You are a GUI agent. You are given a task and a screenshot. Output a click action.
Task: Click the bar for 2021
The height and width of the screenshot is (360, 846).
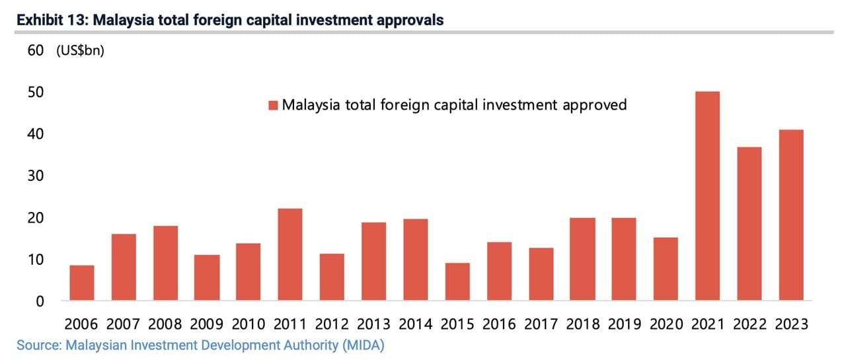click(x=707, y=196)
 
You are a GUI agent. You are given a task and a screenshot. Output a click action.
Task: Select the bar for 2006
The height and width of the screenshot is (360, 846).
click(x=81, y=283)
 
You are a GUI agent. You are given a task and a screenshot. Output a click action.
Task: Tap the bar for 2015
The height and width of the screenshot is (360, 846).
click(x=457, y=282)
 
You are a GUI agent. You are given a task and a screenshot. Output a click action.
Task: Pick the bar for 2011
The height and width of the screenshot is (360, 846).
click(x=289, y=254)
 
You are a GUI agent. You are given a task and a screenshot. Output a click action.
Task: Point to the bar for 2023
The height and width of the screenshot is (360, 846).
click(x=790, y=215)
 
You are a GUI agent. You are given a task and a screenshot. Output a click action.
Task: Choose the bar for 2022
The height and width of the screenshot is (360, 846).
click(x=748, y=224)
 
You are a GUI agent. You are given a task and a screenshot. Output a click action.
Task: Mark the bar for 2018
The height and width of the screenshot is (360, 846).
click(x=582, y=259)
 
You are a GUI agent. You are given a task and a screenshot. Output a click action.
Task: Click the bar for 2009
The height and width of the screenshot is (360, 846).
click(x=206, y=277)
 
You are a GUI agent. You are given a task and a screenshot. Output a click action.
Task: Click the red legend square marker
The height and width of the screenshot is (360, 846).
click(x=273, y=105)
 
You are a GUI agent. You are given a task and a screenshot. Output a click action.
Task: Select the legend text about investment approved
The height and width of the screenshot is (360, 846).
click(x=454, y=104)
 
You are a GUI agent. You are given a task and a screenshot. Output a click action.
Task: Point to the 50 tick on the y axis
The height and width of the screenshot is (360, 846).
click(x=36, y=92)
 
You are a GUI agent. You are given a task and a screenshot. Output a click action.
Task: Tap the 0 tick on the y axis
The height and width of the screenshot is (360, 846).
click(x=40, y=301)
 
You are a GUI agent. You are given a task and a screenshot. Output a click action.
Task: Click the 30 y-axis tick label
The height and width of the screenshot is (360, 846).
click(x=36, y=176)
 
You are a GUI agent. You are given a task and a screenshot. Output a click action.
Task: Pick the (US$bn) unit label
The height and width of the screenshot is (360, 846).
click(x=80, y=51)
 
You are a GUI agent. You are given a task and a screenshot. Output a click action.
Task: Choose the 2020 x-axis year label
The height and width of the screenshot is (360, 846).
click(x=666, y=324)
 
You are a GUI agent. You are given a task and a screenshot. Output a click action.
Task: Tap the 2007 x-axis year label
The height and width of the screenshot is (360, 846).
click(x=122, y=324)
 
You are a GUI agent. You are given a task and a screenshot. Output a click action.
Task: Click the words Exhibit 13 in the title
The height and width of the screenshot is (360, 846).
click(x=52, y=20)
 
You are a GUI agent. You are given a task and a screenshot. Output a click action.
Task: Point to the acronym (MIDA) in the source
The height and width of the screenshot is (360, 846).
click(x=362, y=345)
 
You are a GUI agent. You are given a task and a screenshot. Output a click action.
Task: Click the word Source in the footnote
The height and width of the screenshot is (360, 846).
click(x=38, y=345)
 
